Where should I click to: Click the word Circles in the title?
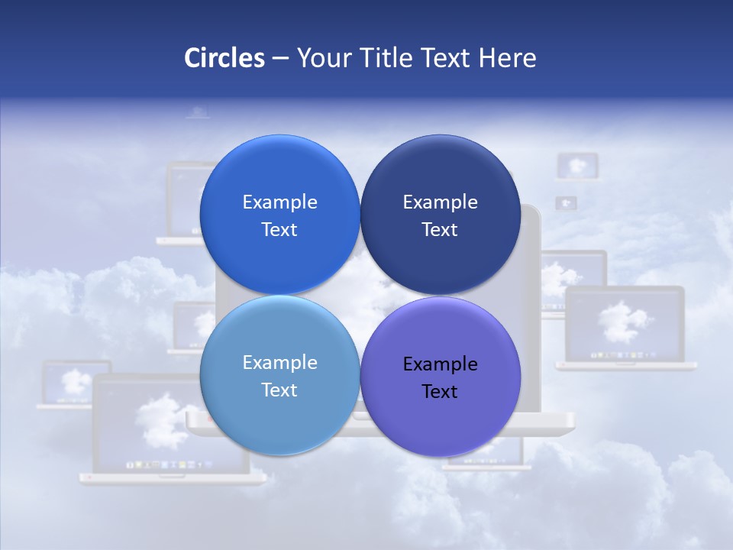pos(224,58)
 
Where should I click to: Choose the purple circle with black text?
pos(440,416)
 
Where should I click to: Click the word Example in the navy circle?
pos(440,202)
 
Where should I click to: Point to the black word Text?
pos(440,392)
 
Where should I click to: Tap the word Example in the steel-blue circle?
pos(279,363)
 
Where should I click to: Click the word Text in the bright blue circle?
pos(279,230)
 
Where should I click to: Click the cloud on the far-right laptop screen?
pos(625,321)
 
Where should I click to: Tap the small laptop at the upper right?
pos(577,166)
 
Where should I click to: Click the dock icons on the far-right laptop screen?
pos(625,356)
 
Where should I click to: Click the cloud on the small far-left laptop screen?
pos(75,380)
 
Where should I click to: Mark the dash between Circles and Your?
pos(280,58)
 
